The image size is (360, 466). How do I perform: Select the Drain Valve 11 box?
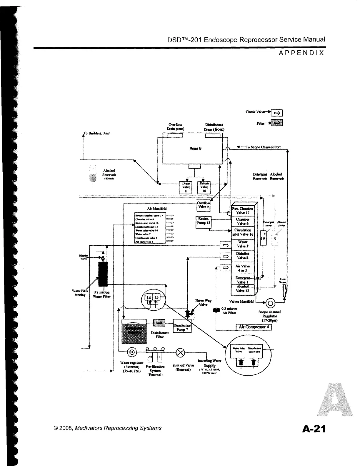pos(186,187)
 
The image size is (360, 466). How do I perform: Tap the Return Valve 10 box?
pos(204,187)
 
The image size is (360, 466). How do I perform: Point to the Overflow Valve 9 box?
pos(203,205)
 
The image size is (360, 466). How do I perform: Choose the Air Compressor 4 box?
pos(254,327)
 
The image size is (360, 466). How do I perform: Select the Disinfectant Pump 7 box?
pos(182,326)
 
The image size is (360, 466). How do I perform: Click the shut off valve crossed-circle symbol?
pos(180,352)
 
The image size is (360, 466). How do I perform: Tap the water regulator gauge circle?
pos(132,352)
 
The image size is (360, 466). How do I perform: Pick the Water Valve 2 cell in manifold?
pos(243,244)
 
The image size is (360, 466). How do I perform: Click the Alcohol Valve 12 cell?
pos(243,289)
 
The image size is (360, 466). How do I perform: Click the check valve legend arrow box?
pos(276,113)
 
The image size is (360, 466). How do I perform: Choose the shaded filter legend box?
pos(276,123)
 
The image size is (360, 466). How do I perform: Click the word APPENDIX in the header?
pos(301,53)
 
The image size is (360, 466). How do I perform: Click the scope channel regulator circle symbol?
pos(270,303)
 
